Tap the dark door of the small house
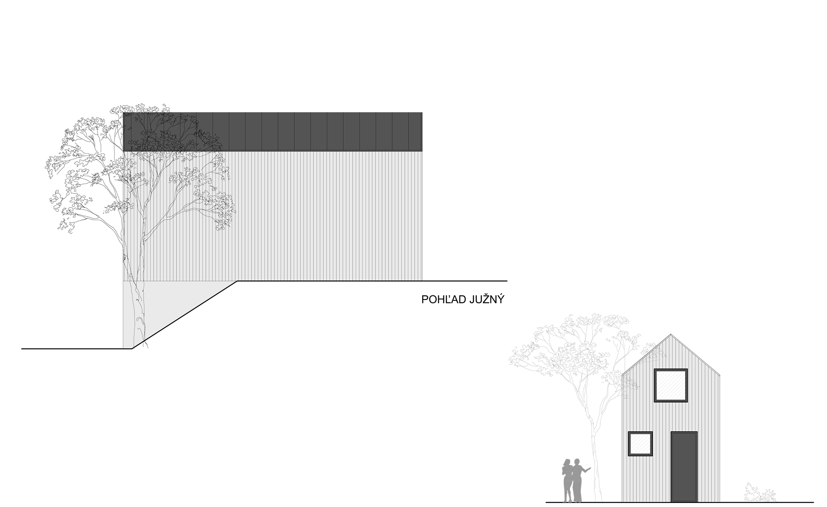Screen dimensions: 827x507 (684, 467)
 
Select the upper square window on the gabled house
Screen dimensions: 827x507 (671, 385)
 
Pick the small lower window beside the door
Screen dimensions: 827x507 (641, 444)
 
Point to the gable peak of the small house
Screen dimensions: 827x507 (671, 334)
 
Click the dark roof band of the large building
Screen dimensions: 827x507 (273, 131)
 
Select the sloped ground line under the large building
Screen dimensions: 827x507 (185, 315)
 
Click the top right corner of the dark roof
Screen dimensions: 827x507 (422, 112)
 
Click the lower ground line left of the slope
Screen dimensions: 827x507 (77, 349)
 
